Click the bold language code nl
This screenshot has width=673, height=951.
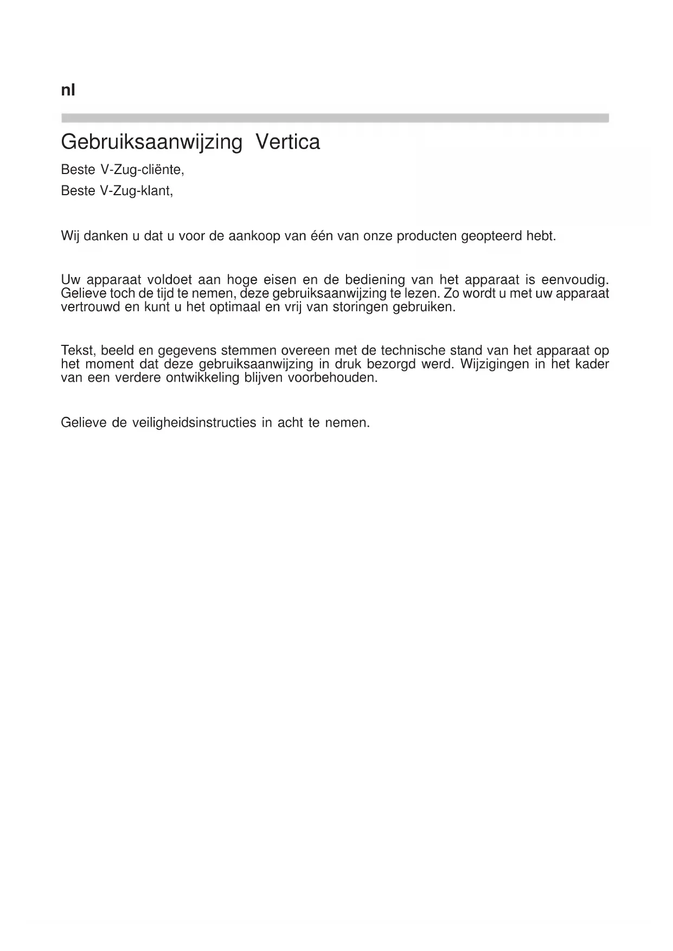coord(68,90)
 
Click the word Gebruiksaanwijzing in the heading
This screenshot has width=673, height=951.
coord(152,143)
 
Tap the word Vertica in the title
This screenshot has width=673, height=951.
coord(287,143)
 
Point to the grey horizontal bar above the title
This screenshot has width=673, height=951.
coord(335,118)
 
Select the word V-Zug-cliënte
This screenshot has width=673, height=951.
coord(143,170)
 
